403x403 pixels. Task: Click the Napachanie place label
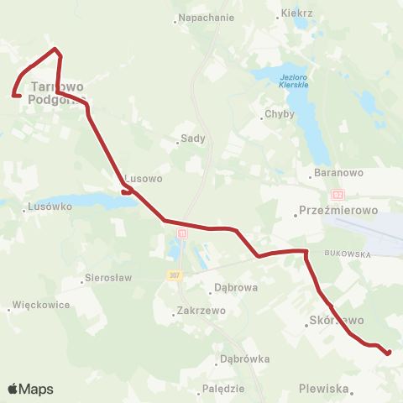coord(203,17)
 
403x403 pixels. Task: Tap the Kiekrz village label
coord(298,14)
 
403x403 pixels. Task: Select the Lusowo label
coord(143,179)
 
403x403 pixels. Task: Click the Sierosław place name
coord(109,278)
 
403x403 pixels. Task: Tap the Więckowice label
coord(41,305)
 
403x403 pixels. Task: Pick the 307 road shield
coord(174,275)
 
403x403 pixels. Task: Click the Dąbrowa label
coord(235,286)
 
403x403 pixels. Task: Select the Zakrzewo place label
coord(202,311)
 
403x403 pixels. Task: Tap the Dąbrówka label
coord(245,359)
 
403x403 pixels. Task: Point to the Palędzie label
coord(223,389)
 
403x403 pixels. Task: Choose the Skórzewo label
coord(336,321)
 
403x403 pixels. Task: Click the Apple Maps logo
coord(30,389)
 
